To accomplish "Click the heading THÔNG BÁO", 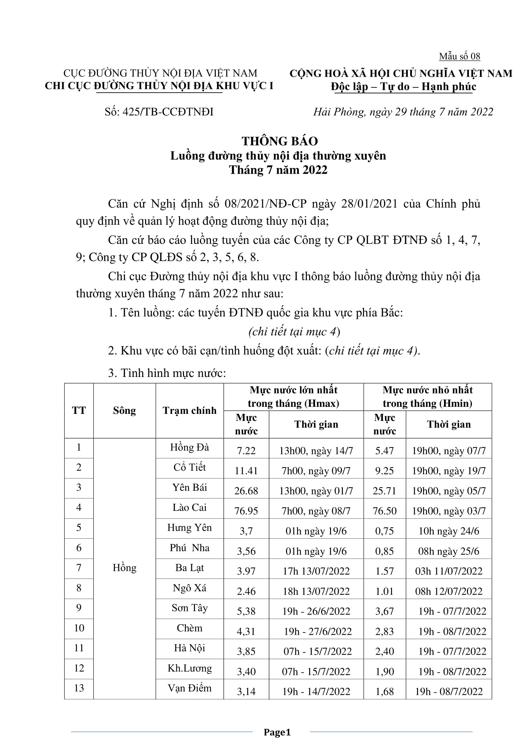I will (x=280, y=141).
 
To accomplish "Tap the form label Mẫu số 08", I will (x=459, y=56).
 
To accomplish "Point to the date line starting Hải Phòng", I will (x=403, y=112).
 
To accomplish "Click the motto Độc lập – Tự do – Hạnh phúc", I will (x=403, y=86).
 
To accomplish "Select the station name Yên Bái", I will (x=190, y=487).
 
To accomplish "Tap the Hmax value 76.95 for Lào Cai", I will (x=246, y=511).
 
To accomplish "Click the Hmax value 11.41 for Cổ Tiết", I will (x=246, y=471).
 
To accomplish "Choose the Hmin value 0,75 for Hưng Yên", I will (x=384, y=531).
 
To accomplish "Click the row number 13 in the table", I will (x=79, y=688).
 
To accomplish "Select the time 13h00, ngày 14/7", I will (x=316, y=451).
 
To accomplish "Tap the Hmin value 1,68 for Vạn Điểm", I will (x=384, y=692).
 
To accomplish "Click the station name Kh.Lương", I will (x=190, y=668).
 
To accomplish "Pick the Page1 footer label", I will (x=277, y=732).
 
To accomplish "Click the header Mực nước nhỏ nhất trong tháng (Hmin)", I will (x=427, y=397).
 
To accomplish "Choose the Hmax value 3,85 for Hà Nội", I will (x=246, y=651).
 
